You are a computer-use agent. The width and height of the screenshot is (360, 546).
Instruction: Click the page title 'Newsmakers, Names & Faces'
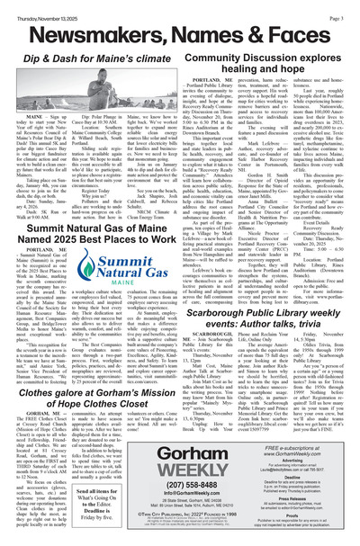[x=180, y=32]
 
